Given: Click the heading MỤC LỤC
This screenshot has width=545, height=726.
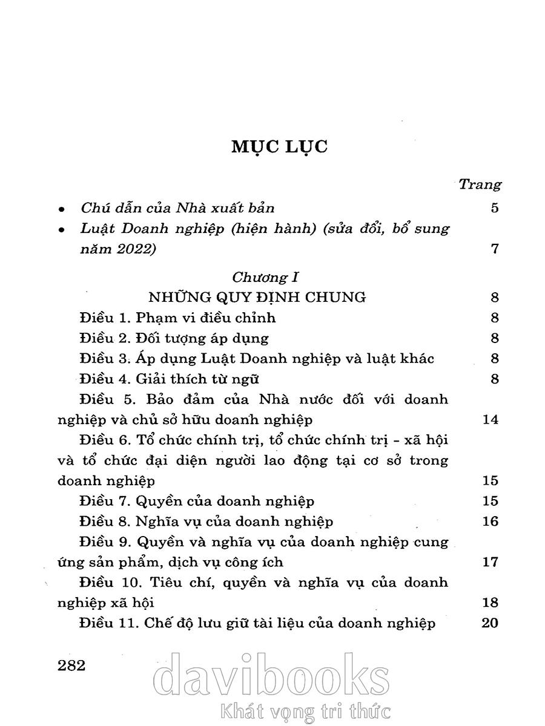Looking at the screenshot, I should tap(279, 147).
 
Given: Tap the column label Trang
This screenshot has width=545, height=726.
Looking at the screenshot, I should tap(480, 184).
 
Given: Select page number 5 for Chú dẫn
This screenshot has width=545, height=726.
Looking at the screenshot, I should tap(495, 208).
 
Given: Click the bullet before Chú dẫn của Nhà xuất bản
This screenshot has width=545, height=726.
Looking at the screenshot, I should tap(61, 209).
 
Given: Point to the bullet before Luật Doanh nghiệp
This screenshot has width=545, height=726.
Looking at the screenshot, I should tap(61, 231).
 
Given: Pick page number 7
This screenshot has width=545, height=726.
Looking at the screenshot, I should tap(495, 249).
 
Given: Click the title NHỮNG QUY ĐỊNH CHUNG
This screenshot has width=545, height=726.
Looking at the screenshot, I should tap(257, 297).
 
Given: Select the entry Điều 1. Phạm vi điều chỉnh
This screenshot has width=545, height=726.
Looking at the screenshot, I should tap(177, 318).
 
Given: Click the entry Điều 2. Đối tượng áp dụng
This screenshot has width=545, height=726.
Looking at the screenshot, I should tap(174, 338).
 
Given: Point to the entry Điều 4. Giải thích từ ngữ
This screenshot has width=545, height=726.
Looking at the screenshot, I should tap(169, 379).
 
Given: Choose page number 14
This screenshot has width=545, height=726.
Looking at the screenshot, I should tap(490, 420).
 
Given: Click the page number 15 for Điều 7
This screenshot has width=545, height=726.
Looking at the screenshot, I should tap(490, 501).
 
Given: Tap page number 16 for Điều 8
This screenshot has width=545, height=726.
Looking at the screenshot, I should tap(490, 522).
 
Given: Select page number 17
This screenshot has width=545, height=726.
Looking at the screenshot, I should tap(490, 562).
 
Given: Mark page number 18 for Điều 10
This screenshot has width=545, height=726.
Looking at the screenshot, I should tap(490, 603).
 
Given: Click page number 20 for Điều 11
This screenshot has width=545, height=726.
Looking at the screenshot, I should tap(489, 623).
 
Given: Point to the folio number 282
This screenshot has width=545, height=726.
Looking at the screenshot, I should tap(71, 665).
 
